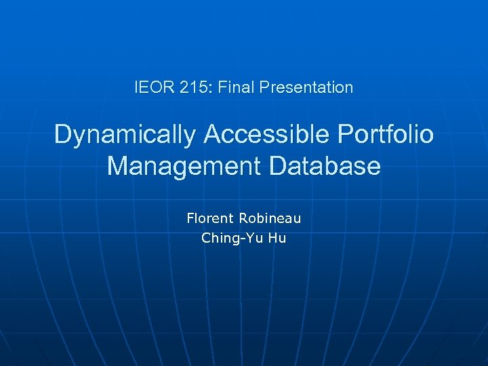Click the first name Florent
click(x=209, y=218)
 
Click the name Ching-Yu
click(x=226, y=239)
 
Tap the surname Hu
click(x=277, y=238)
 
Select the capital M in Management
click(x=118, y=166)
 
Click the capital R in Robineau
click(x=243, y=218)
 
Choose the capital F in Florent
click(x=190, y=218)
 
